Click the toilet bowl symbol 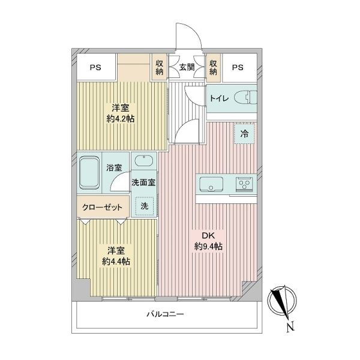click(245, 98)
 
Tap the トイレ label click(219, 98)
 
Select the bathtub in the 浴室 click(89, 172)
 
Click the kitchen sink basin click(211, 184)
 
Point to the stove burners click(244, 184)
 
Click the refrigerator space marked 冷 click(244, 134)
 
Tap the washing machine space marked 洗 click(144, 206)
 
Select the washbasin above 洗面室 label click(144, 160)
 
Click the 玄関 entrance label click(187, 67)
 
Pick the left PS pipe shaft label click(95, 68)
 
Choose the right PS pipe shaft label click(238, 67)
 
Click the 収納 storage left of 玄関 click(160, 67)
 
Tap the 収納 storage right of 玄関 click(213, 67)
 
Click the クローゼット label click(102, 208)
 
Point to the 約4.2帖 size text click(121, 119)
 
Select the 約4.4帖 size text click(116, 262)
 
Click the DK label click(208, 236)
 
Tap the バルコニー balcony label click(166, 314)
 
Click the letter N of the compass click(290, 327)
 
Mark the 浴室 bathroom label click(114, 168)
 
